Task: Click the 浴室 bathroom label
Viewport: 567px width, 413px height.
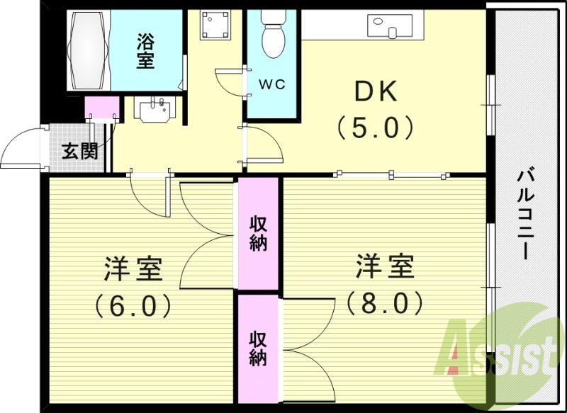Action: point(145,51)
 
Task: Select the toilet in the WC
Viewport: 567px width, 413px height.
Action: point(272,36)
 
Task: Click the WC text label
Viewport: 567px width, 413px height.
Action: point(271,84)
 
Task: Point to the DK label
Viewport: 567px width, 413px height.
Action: point(376,92)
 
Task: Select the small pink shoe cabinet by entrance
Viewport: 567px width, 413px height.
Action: point(101,108)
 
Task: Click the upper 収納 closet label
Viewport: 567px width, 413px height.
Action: point(258,233)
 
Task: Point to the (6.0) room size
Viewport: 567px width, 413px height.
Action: point(133,306)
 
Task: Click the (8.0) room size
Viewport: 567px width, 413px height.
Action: point(384,304)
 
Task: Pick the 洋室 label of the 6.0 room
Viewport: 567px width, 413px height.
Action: point(134,270)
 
